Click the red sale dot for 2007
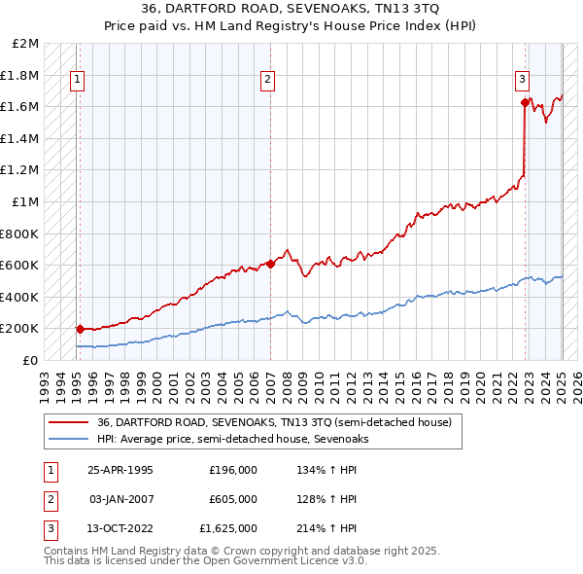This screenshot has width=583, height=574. [271, 264]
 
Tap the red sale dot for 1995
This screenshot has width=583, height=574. [80, 329]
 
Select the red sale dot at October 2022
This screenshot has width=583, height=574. [525, 102]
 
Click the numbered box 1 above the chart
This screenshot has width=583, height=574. [76, 80]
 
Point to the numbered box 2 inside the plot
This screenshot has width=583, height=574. [267, 80]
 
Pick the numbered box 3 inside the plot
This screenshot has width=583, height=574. [522, 80]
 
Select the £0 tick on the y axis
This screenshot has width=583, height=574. [31, 360]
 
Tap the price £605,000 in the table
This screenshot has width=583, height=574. [233, 499]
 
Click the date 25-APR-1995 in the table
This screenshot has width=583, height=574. [120, 470]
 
